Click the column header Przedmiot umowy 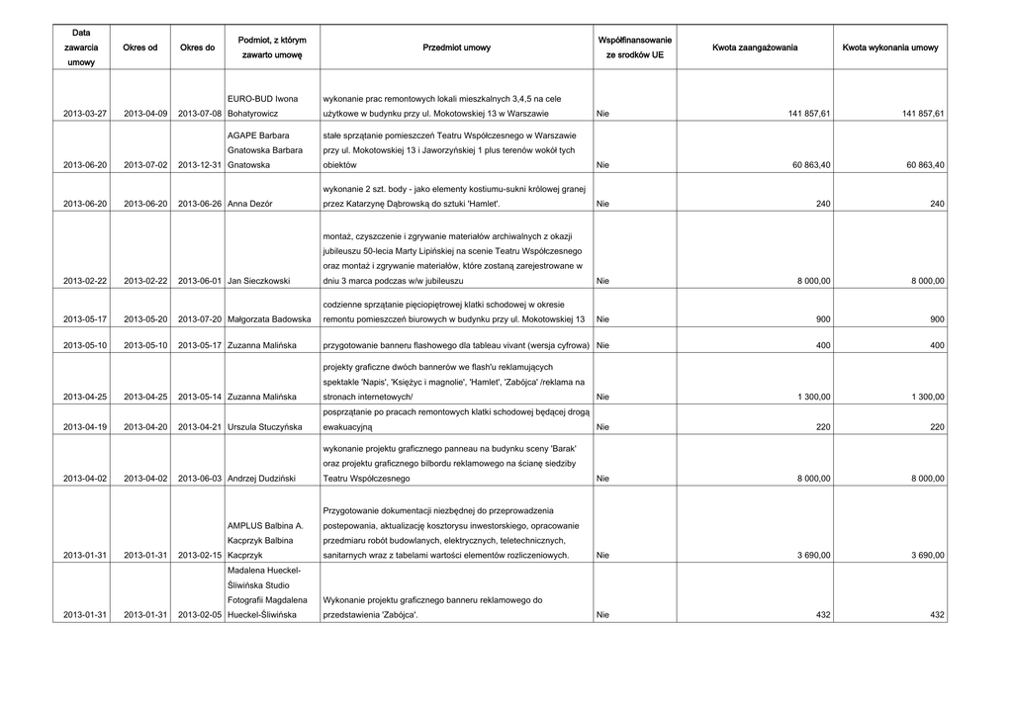456,47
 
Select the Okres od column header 139,47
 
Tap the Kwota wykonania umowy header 890,47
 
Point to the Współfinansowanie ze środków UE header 635,47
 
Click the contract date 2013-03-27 85,115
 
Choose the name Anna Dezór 249,204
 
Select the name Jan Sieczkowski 258,282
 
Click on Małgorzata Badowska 269,319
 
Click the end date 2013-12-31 197,165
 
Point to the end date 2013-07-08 197,115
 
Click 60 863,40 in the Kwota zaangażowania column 811,165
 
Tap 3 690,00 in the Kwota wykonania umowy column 925,557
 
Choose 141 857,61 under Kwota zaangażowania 808,115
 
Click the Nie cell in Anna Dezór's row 603,204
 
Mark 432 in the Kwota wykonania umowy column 935,615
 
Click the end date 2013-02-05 197,615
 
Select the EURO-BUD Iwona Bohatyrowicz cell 262,107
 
